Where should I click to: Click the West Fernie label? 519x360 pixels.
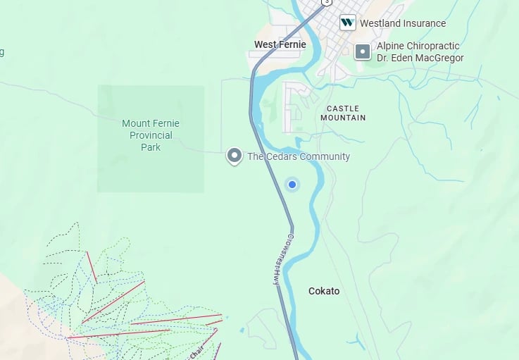pyautogui.click(x=280, y=44)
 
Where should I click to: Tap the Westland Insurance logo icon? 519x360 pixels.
pyautogui.click(x=347, y=23)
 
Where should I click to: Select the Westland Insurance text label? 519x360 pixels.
pyautogui.click(x=403, y=23)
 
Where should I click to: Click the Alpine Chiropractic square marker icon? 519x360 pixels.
pyautogui.click(x=362, y=51)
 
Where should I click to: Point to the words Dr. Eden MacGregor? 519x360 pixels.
pyautogui.click(x=420, y=58)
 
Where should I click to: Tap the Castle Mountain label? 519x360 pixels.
pyautogui.click(x=343, y=113)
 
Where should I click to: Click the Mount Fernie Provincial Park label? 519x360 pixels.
pyautogui.click(x=150, y=135)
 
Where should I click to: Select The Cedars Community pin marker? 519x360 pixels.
pyautogui.click(x=234, y=156)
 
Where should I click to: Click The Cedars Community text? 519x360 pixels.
pyautogui.click(x=298, y=156)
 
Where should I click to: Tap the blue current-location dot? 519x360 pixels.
pyautogui.click(x=292, y=185)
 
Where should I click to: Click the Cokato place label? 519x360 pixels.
pyautogui.click(x=324, y=291)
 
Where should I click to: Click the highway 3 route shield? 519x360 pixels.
pyautogui.click(x=325, y=2)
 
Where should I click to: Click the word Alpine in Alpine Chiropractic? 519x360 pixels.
pyautogui.click(x=392, y=46)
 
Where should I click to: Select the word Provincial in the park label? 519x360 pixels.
pyautogui.click(x=151, y=135)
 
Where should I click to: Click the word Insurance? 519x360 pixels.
pyautogui.click(x=424, y=23)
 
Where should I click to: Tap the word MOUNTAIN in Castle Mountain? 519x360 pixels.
pyautogui.click(x=343, y=118)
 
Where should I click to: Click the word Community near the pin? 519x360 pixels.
pyautogui.click(x=325, y=156)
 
